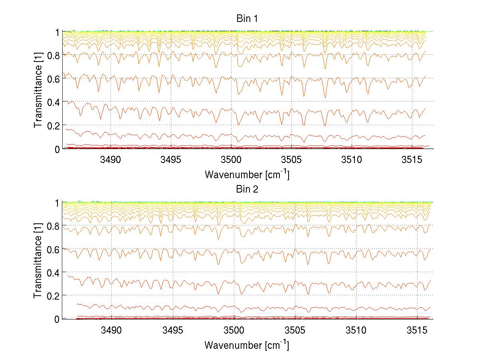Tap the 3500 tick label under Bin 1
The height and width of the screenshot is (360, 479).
pos(231,160)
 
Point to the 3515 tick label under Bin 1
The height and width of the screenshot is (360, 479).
pos(412,160)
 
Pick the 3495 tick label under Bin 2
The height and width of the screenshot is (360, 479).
pos(172,330)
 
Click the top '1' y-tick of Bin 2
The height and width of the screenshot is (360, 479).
pos(57,203)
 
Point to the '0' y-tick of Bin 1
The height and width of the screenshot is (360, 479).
pos(57,149)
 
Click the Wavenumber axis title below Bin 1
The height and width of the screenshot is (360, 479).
pos(247,174)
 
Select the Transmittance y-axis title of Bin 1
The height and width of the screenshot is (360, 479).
pos(38,90)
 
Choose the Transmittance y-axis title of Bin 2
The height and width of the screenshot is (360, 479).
pos(38,261)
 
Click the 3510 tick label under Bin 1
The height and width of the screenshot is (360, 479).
pos(352,160)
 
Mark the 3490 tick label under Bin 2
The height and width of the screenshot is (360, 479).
pos(111,330)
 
